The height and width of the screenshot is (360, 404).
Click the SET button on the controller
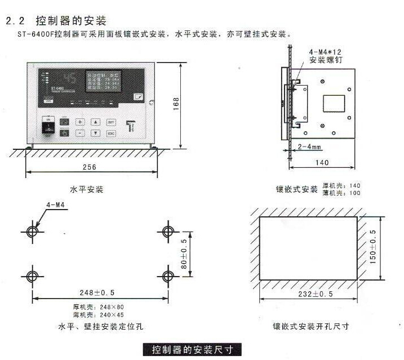(x=111, y=122)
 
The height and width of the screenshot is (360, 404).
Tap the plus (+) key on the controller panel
(x=80, y=122)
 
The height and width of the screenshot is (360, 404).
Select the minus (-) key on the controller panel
(x=80, y=134)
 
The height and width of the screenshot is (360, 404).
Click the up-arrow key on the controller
(x=96, y=122)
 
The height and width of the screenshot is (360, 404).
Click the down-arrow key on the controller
(x=96, y=134)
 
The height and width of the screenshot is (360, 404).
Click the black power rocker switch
(x=47, y=129)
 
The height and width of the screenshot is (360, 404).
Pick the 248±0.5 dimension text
(x=96, y=292)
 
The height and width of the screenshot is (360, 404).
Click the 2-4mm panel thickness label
(x=309, y=146)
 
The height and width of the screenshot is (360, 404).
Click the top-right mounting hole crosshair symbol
(x=167, y=232)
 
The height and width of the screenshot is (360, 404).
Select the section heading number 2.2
(x=14, y=21)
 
